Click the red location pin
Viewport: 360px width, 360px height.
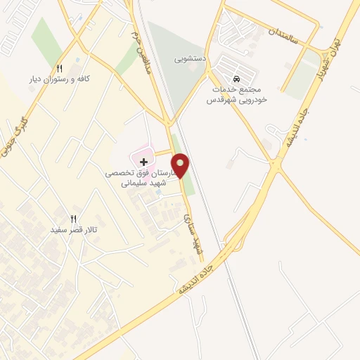181,165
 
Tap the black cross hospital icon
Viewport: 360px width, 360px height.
144,162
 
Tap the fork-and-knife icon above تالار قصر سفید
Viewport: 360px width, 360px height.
72,218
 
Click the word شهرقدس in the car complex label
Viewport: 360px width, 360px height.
219,101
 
